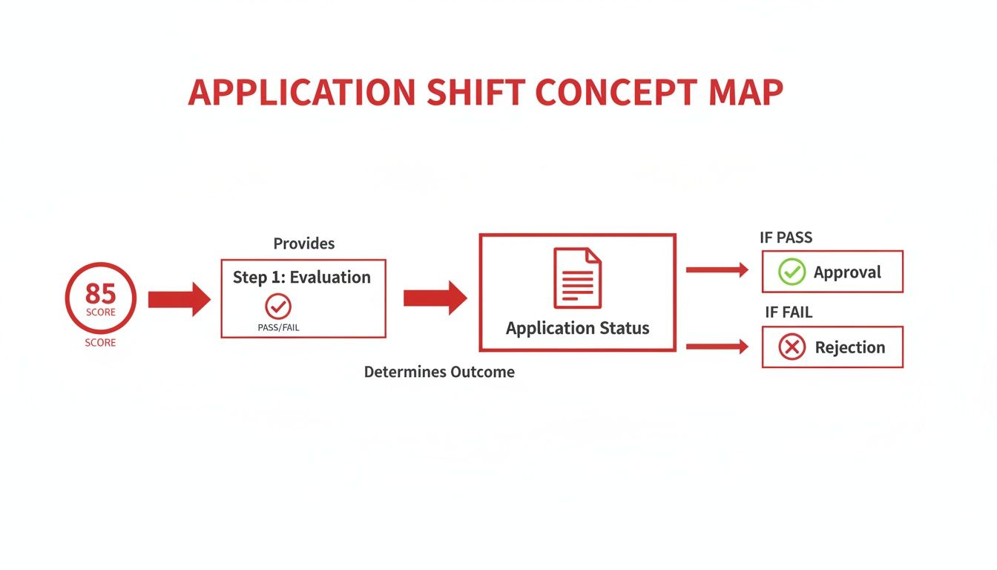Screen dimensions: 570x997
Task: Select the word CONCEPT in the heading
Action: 615,93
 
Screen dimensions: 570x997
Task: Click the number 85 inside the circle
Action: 101,293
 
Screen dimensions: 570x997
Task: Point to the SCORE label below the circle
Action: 101,343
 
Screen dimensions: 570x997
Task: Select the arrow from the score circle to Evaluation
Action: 179,299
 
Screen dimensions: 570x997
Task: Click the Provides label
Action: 304,243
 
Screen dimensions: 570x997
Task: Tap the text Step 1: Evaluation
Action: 302,277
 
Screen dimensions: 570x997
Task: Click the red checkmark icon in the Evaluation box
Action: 278,305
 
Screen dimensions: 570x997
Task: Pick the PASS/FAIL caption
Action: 279,327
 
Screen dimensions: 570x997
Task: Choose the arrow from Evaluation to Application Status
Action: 435,298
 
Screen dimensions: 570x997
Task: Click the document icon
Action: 577,278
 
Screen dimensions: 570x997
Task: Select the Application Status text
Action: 577,328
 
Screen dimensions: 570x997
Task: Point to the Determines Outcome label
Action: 439,372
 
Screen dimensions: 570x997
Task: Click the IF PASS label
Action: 786,238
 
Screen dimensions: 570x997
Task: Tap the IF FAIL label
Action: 789,312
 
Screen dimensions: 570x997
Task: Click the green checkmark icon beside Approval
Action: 792,272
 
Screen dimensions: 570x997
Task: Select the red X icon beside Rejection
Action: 792,347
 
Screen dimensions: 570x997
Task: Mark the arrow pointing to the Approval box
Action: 717,270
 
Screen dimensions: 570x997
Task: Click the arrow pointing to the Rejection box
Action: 717,346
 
